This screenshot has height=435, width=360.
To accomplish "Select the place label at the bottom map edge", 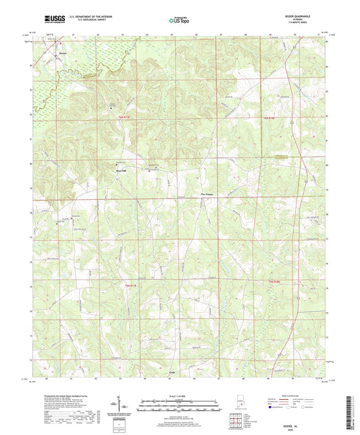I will click(171, 372).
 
